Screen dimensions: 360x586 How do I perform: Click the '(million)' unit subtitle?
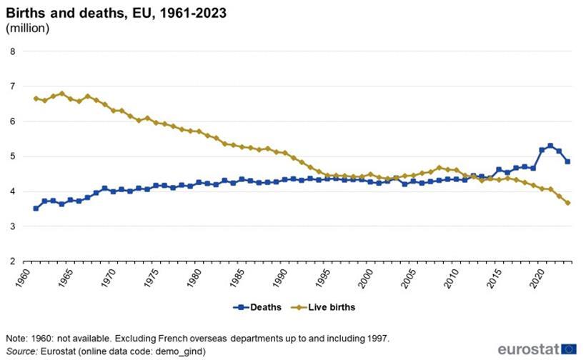27,28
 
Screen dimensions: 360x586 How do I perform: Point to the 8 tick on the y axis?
12,51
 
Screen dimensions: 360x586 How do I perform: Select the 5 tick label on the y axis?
12,156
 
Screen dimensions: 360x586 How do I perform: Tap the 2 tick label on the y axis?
12,261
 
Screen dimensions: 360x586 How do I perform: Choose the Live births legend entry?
323,307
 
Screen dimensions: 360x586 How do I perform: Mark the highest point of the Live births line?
61,94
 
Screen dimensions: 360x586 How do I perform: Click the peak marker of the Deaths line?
550,146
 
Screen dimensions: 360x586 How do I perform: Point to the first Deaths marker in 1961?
36,209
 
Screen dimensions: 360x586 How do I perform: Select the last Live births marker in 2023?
567,203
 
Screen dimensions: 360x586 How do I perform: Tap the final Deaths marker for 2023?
567,161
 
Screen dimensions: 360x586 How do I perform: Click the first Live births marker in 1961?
36,99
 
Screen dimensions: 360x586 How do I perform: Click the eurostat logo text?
528,349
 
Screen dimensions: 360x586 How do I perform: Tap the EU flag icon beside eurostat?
569,349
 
